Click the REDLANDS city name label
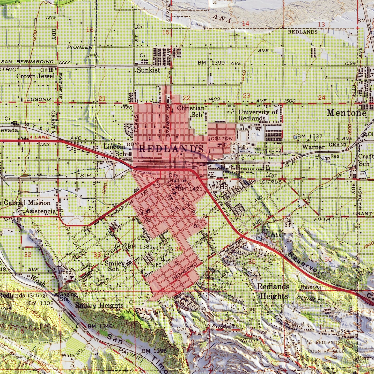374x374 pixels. (x=171, y=149)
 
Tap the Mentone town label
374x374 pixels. (x=346, y=113)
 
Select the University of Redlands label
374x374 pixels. (x=258, y=115)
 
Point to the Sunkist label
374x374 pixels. (x=148, y=70)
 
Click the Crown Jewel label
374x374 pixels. (x=35, y=76)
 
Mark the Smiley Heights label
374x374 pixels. (x=99, y=306)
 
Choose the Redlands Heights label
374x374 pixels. (x=273, y=291)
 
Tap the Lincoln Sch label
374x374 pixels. (x=114, y=150)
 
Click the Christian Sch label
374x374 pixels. (x=191, y=111)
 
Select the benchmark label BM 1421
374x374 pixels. (x=190, y=189)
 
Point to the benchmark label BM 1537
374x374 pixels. (x=310, y=136)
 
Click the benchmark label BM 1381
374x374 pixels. (x=140, y=247)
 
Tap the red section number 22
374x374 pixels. (x=186, y=98)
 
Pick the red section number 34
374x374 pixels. (x=178, y=249)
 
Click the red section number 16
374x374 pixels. (x=90, y=30)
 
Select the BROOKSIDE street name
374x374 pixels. (x=122, y=208)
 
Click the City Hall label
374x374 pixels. (x=174, y=178)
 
